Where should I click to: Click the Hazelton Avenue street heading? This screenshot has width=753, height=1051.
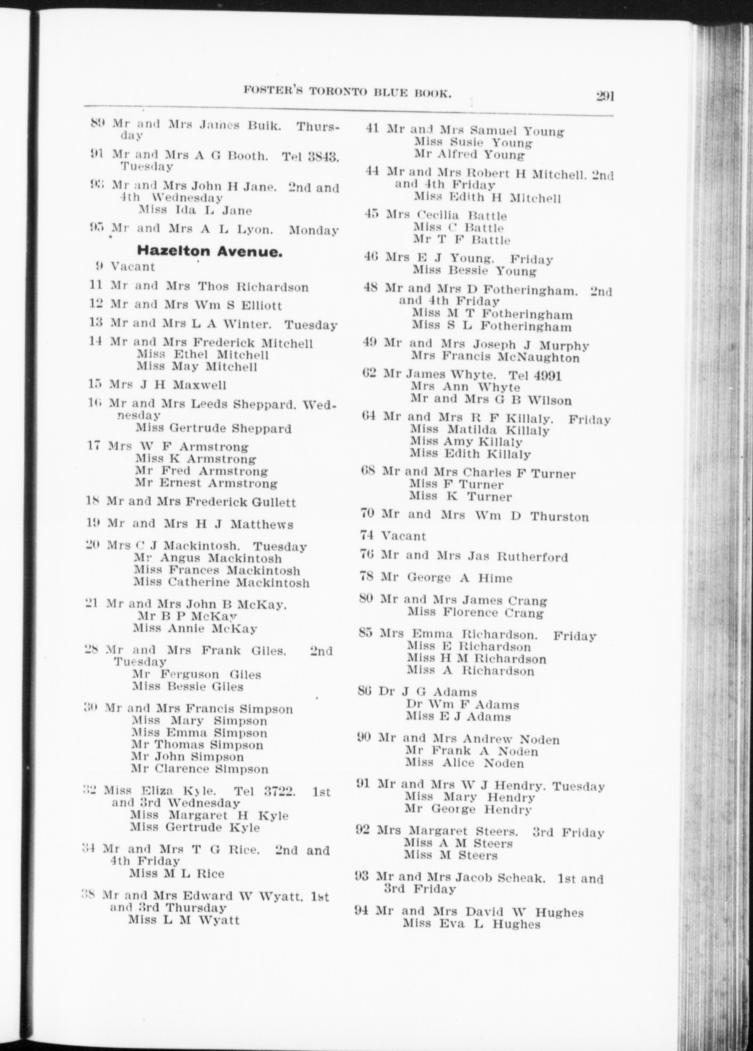210,252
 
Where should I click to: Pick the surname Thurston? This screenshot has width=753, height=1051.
559,516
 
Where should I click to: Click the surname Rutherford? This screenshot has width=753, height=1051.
532,557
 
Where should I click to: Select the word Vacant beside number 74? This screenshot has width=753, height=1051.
404,536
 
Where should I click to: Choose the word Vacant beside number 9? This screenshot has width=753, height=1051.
132,266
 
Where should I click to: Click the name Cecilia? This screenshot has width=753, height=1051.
438,215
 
